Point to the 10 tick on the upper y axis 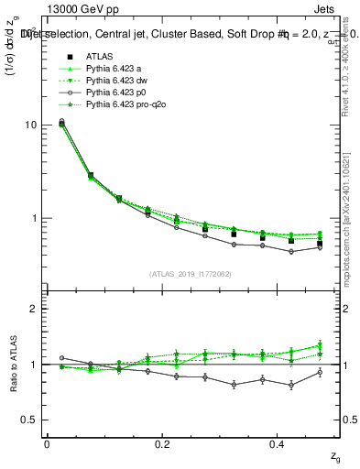tap(29, 125)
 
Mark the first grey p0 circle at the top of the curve tap(61, 121)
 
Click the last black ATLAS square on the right tap(320, 244)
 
